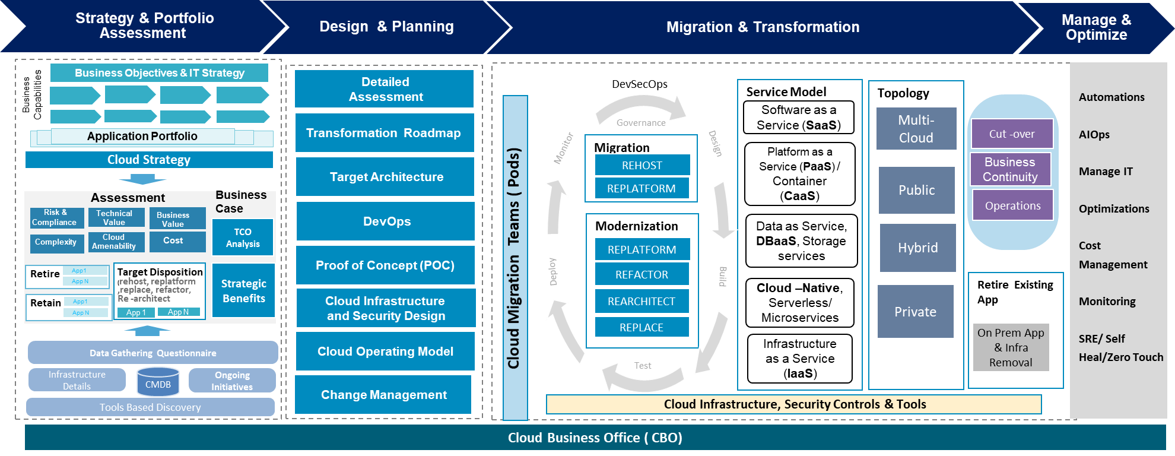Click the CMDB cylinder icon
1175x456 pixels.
tap(158, 381)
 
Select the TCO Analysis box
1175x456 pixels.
tap(243, 237)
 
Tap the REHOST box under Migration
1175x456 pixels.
tap(642, 166)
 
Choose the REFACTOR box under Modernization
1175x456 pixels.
tap(642, 274)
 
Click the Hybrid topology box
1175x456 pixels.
tap(917, 248)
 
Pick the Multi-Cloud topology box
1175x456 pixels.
tap(916, 129)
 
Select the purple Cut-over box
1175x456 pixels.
tap(1012, 134)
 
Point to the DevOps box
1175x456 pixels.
tap(386, 221)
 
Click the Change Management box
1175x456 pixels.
tap(383, 395)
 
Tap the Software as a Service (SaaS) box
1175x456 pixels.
tap(799, 118)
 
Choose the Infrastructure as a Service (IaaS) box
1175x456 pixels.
tap(800, 359)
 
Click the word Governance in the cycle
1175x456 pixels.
tap(641, 123)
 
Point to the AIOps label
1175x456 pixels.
tap(1094, 135)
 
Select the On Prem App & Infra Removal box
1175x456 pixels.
tap(1011, 347)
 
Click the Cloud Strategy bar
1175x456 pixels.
tap(149, 160)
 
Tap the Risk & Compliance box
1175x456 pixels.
tap(54, 217)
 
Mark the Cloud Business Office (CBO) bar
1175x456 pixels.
tap(595, 438)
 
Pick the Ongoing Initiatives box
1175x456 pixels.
tap(232, 381)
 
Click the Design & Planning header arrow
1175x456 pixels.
tap(386, 27)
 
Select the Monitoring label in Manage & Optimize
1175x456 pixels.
tap(1107, 302)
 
